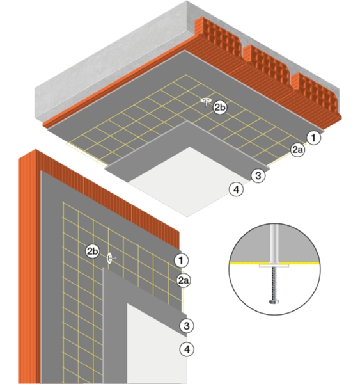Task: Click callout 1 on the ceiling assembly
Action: tap(313, 138)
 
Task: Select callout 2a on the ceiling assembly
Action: tap(298, 150)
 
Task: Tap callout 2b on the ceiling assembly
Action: tap(220, 108)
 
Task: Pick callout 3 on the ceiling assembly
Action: tap(258, 175)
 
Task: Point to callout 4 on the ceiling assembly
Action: tap(237, 189)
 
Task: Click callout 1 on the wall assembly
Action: tap(182, 260)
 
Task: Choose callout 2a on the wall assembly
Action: tap(184, 280)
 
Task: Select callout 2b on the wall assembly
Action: tap(93, 251)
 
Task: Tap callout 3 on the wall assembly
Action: tap(187, 326)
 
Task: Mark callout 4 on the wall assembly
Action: tap(187, 349)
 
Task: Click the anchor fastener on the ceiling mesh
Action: tap(206, 101)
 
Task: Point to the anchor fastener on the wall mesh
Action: tap(110, 258)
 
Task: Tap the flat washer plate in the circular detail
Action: tap(274, 266)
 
